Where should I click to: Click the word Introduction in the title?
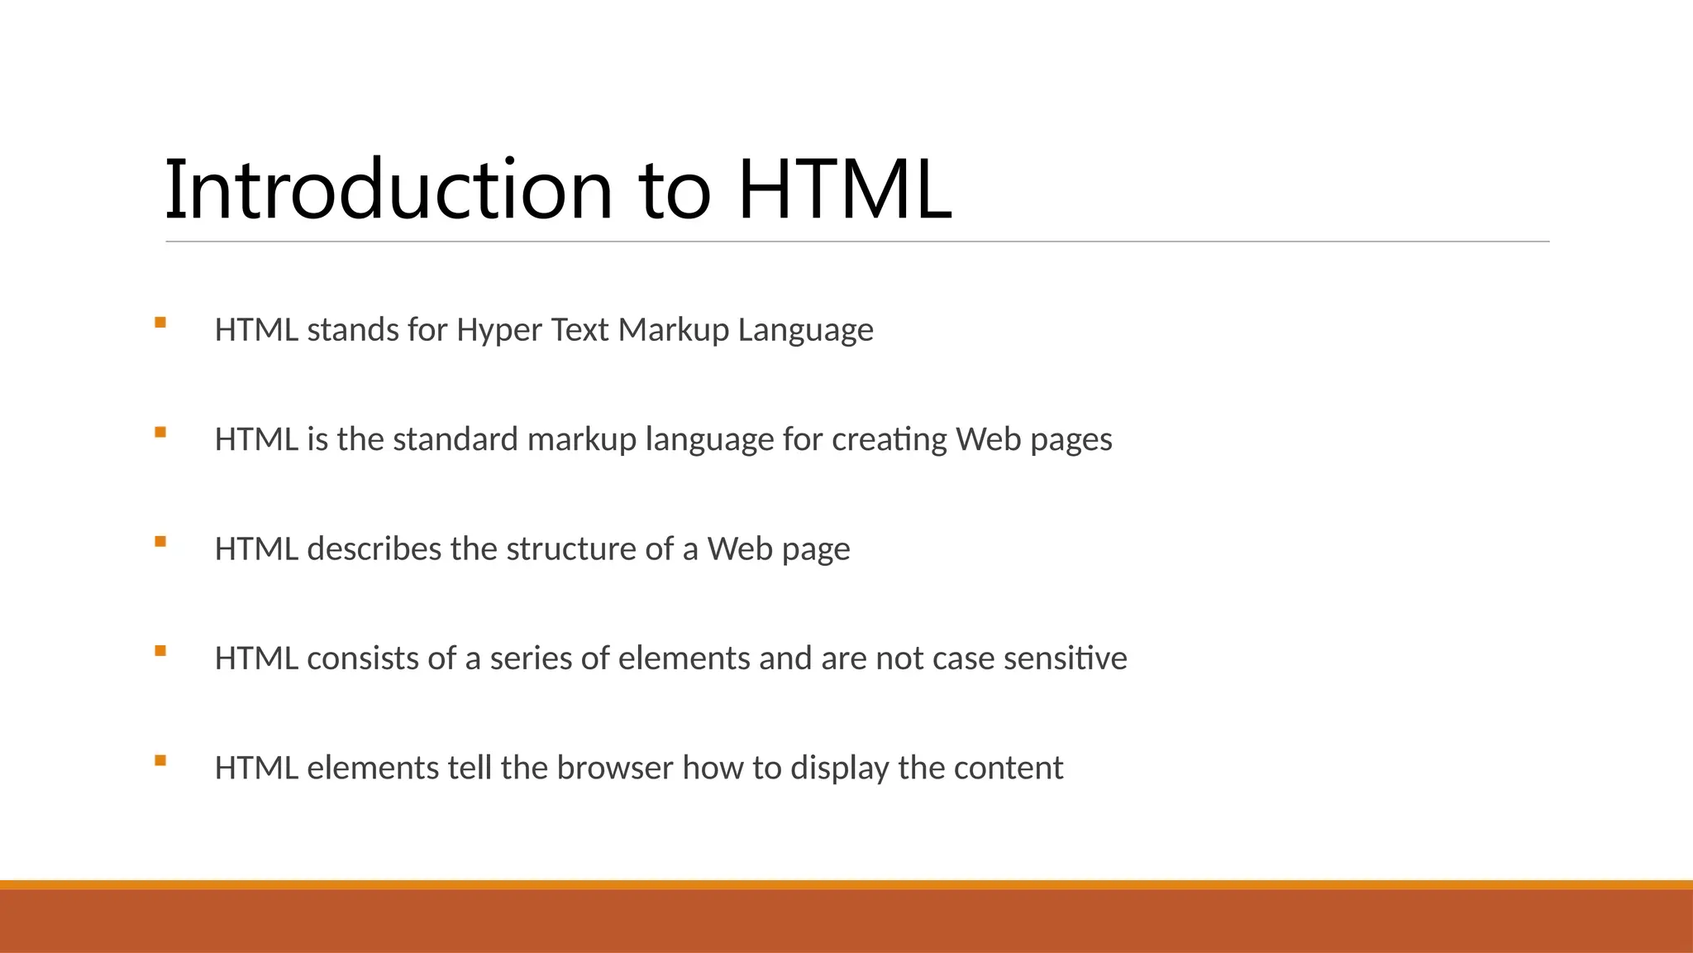click(x=389, y=190)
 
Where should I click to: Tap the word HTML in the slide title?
click(x=845, y=190)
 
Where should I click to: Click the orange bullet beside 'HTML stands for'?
click(x=160, y=323)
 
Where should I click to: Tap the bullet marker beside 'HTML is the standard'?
click(x=160, y=432)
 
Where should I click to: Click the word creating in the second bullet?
click(x=889, y=439)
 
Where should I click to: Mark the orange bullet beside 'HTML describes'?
click(x=160, y=542)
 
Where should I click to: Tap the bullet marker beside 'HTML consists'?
click(x=160, y=651)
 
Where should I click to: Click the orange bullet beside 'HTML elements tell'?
click(x=160, y=760)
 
